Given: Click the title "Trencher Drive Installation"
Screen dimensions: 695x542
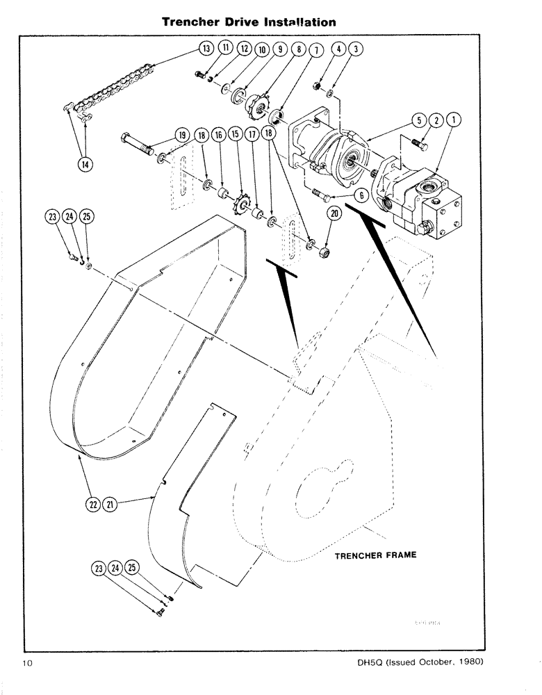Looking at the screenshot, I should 249,22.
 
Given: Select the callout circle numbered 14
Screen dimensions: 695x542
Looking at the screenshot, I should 85,164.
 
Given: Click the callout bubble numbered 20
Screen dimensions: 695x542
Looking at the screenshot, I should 334,215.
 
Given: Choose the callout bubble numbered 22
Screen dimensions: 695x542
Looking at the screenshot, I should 92,504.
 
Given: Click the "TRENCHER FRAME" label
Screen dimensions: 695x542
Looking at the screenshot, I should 375,556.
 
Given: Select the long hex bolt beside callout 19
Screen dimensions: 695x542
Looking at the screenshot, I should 142,147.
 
